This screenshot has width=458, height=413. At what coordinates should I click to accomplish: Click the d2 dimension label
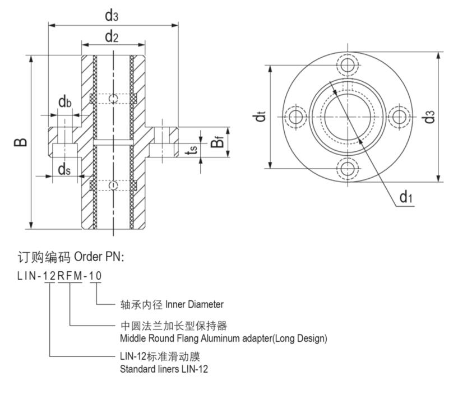click(x=112, y=37)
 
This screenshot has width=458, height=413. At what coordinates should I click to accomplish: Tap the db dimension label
click(x=65, y=102)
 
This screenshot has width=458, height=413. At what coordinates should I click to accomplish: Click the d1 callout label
click(x=406, y=197)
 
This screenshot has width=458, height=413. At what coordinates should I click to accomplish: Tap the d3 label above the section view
click(x=112, y=15)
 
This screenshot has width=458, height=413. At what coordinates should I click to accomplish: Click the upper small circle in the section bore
click(x=113, y=99)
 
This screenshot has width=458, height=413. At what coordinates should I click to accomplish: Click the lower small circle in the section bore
click(x=113, y=185)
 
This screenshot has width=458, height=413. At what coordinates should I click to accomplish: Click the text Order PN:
click(x=98, y=257)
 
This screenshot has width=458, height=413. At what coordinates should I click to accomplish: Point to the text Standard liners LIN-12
click(x=164, y=369)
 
